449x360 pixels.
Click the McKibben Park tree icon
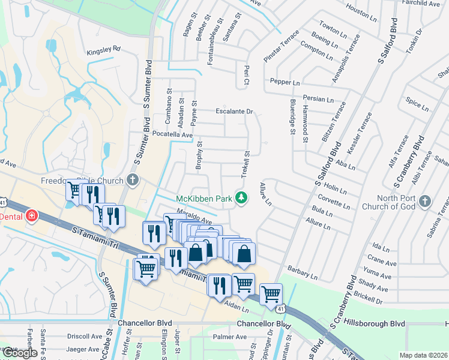(x=241, y=197)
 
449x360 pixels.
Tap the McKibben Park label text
(x=203, y=199)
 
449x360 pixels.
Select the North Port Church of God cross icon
(x=425, y=201)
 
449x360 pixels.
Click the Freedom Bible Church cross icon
(x=133, y=180)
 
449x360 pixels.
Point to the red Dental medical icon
(x=30, y=215)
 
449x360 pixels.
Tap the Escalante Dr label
(x=235, y=111)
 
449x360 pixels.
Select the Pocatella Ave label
(x=172, y=134)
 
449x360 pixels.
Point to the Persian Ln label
(x=318, y=99)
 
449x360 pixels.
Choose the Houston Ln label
(x=361, y=11)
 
